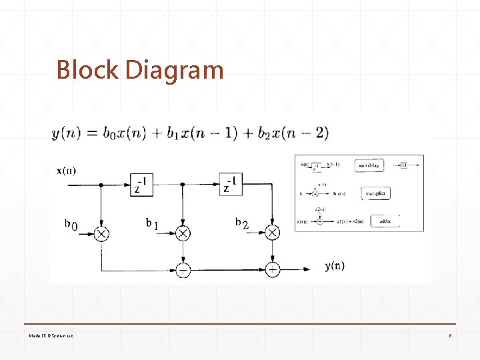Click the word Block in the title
pyautogui.click(x=87, y=69)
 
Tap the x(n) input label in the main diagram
pyautogui.click(x=67, y=170)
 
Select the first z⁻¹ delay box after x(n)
pyautogui.click(x=143, y=185)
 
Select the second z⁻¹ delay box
pyautogui.click(x=230, y=185)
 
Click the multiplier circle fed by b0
pyautogui.click(x=101, y=233)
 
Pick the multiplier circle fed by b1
pyautogui.click(x=183, y=233)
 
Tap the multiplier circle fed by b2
pyautogui.click(x=272, y=233)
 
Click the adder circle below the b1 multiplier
pyautogui.click(x=183, y=269)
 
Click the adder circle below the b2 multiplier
pyautogui.click(x=272, y=269)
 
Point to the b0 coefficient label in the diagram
pyautogui.click(x=71, y=225)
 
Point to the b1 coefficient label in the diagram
pyautogui.click(x=152, y=224)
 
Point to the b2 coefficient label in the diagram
pyautogui.click(x=241, y=224)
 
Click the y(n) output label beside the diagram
pyautogui.click(x=335, y=267)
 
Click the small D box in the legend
pyautogui.click(x=404, y=165)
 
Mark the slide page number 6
pyautogui.click(x=451, y=335)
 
